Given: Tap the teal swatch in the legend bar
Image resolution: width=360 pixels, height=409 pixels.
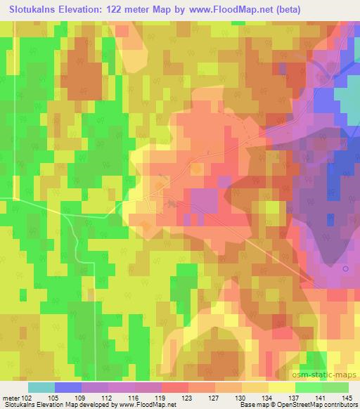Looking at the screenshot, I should (x=41, y=387).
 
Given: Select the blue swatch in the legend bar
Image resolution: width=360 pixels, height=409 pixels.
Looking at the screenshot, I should (x=68, y=387).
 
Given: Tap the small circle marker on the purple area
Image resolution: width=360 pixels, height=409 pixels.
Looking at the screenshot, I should (x=345, y=268).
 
